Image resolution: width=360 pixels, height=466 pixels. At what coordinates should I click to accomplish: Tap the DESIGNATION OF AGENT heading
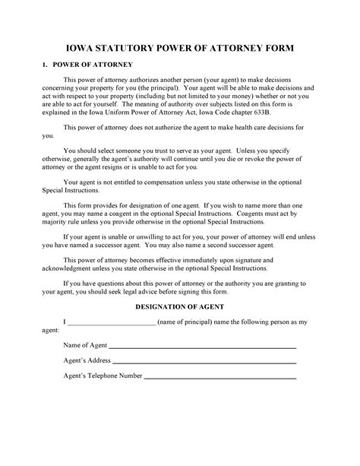coord(179,307)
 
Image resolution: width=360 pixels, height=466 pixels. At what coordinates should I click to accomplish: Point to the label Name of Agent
coord(85,345)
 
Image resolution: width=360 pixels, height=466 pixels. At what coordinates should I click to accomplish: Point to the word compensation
coord(165,182)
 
